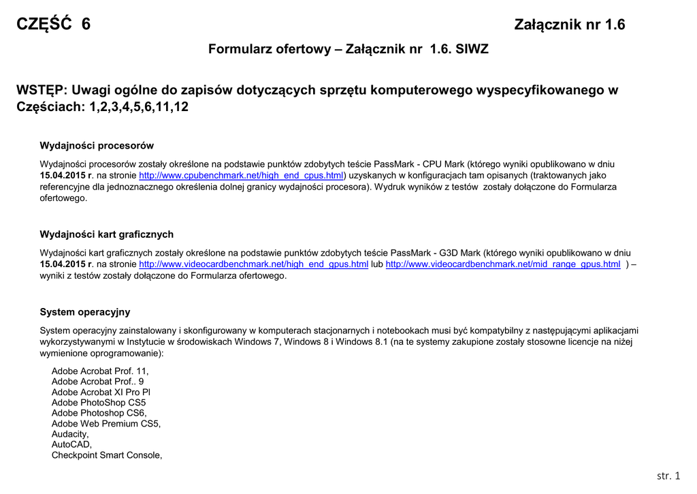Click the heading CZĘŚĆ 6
point(53,25)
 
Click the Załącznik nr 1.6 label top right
point(570,25)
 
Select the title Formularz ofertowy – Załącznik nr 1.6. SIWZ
point(348,49)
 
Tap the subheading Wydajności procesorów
point(97,145)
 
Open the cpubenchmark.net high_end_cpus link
point(242,175)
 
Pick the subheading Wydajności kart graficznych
point(106,234)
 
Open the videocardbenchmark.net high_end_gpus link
point(253,264)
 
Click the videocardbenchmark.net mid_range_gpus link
point(503,264)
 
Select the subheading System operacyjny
point(85,312)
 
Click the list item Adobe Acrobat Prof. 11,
point(100,371)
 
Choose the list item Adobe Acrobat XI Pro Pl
point(101,392)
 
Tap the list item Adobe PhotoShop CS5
point(99,403)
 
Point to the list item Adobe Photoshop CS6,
point(99,413)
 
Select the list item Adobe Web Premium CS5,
point(106,423)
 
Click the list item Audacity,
point(70,434)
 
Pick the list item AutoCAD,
point(71,444)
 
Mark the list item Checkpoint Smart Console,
point(107,455)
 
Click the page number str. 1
point(668,476)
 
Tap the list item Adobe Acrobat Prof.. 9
point(98,382)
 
